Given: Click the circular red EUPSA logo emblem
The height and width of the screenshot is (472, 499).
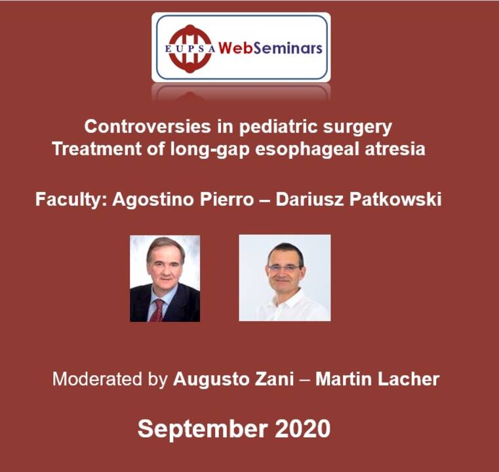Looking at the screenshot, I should [190, 48].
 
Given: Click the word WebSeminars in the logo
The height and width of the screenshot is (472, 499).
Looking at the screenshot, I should [269, 48].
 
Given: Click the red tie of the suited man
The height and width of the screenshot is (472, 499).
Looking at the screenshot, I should [157, 309].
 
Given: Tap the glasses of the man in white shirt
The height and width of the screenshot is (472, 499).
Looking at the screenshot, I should [284, 267].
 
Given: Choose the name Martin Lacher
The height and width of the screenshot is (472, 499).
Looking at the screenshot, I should [377, 379].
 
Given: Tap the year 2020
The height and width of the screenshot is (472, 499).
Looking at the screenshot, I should [302, 429].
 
